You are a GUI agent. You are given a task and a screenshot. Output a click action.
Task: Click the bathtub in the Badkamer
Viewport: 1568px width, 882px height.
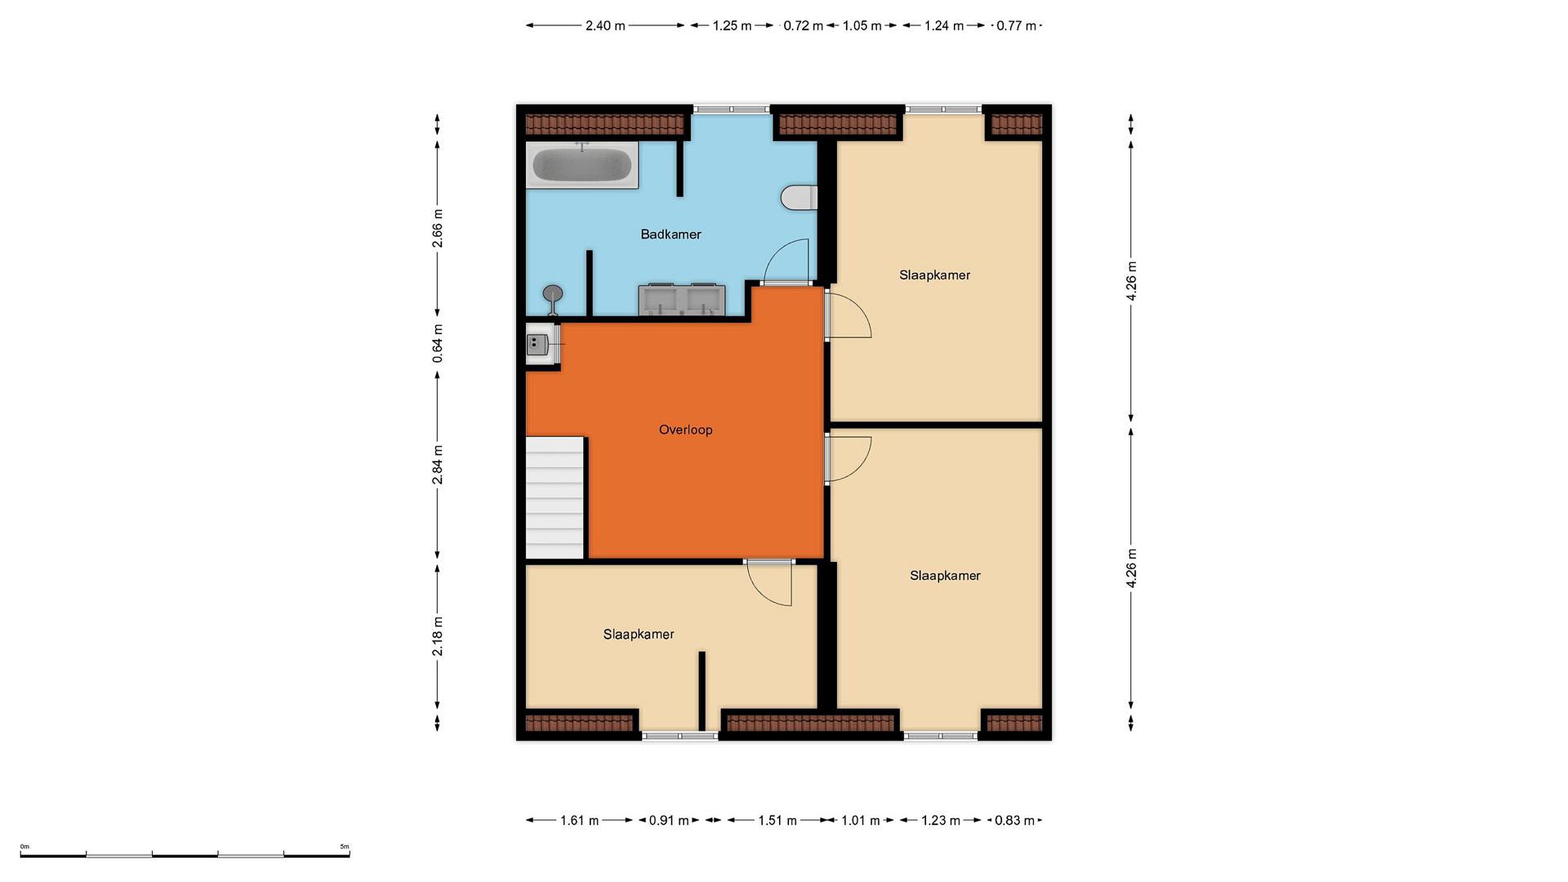pos(582,165)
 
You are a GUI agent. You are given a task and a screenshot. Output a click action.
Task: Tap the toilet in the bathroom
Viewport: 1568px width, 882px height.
pos(799,197)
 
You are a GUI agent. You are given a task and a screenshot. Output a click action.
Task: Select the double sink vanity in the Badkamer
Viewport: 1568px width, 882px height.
pos(681,299)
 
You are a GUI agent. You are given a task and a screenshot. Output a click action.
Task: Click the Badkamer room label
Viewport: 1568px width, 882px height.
pos(671,234)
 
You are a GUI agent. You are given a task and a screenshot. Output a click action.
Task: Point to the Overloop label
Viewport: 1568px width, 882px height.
pos(685,430)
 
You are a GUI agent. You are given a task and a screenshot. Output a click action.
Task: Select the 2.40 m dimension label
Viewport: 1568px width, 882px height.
pos(605,26)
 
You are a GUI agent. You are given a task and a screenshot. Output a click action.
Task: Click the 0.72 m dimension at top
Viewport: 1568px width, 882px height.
pos(803,26)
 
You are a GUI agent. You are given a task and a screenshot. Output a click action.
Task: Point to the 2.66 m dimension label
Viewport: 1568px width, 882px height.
pos(437,228)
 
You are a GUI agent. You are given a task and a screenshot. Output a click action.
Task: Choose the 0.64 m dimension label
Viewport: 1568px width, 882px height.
pos(437,344)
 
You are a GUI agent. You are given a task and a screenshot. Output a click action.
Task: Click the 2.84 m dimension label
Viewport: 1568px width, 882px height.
pos(437,464)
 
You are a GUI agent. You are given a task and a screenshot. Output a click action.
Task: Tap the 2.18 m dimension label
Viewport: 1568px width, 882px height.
pos(437,636)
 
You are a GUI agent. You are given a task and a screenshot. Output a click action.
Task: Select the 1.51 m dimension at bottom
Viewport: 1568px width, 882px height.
pos(777,820)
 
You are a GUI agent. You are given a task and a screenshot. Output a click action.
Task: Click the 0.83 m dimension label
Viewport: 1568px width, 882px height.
pos(1015,820)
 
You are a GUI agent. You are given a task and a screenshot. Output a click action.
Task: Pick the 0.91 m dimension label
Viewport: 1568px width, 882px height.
pos(669,820)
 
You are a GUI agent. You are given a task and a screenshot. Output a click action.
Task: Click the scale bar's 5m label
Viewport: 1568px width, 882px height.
pos(345,846)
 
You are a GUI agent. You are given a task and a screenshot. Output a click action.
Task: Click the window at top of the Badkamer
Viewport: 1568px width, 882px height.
pos(732,109)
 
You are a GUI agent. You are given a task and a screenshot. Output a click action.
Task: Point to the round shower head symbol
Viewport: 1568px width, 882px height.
pos(553,293)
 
